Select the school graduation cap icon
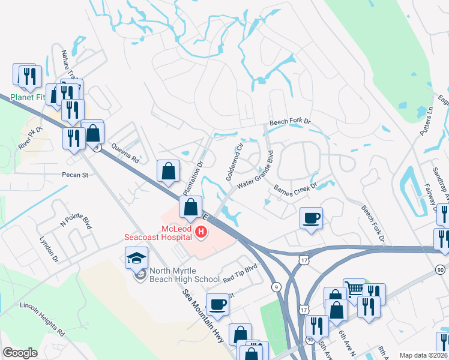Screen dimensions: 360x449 coord(136,259)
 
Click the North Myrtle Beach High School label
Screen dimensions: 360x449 coord(184,279)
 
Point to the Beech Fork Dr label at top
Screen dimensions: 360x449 coord(290,122)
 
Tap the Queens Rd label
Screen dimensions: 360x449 coord(125,157)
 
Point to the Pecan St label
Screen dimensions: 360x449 coord(75,176)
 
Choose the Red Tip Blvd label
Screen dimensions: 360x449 coord(240,279)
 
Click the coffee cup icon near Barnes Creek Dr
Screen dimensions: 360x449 coord(311,218)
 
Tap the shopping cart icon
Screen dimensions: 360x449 coord(354,289)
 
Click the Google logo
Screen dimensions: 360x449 coord(19,353)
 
